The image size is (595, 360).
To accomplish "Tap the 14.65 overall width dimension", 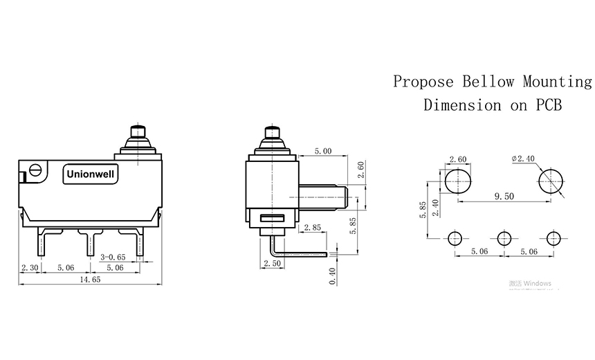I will click(x=89, y=279).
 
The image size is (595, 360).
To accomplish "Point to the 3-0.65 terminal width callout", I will click(x=113, y=257).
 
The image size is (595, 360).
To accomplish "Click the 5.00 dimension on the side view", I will click(x=323, y=150).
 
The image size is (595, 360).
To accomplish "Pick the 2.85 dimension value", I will click(x=311, y=227).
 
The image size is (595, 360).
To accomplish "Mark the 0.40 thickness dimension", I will click(x=333, y=276).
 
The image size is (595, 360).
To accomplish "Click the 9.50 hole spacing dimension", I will click(x=504, y=196).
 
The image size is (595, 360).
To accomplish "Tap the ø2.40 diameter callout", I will click(x=523, y=159).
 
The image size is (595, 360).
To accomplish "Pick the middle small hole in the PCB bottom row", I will click(x=504, y=238).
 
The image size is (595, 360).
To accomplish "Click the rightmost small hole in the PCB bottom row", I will click(x=552, y=238).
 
